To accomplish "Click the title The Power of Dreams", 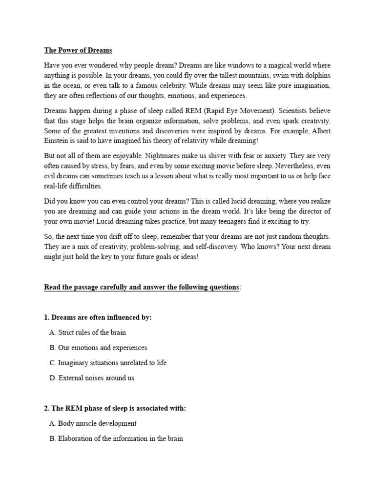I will (78, 50).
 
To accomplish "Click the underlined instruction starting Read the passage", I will (142, 287).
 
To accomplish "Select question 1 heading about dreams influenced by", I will (98, 317).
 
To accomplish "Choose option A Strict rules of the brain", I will (88, 333).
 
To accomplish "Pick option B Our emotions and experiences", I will (98, 348).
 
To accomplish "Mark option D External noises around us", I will (92, 377).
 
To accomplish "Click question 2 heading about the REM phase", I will (115, 408).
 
